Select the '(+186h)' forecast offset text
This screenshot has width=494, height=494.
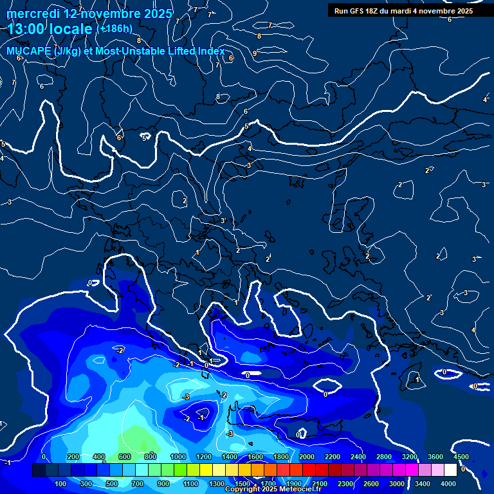coord(114,28)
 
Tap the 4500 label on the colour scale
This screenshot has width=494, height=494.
coord(461,457)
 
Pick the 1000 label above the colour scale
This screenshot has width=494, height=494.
coord(178,457)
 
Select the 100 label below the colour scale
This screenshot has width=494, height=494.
coord(61,484)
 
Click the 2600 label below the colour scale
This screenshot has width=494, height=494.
coord(370,484)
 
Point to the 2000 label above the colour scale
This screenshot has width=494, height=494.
coord(306,457)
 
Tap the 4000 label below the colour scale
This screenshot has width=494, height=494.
coord(448,484)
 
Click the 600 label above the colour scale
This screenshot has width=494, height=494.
coord(125,457)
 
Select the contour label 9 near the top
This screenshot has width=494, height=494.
coord(255,53)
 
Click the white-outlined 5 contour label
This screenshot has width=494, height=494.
coord(145,138)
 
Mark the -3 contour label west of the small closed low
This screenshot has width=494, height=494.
coord(186,397)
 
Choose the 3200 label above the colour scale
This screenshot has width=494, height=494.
coord(410,457)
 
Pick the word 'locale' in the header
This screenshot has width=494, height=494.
coord(71,29)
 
